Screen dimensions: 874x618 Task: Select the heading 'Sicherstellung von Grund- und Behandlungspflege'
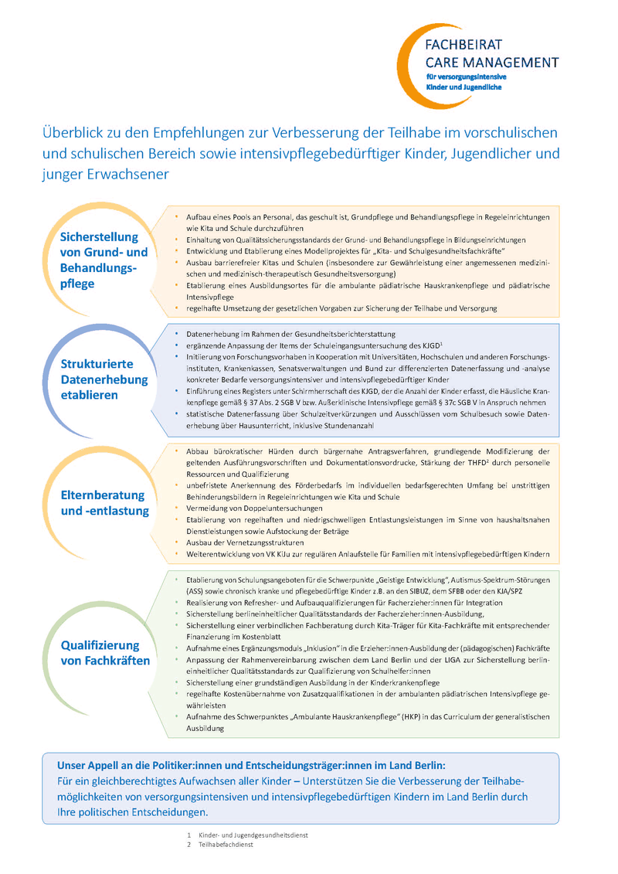point(104,260)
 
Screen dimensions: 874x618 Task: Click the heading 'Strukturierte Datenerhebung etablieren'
point(104,379)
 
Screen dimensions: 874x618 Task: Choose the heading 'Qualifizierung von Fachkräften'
point(105,653)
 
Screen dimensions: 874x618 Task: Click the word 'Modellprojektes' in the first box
point(327,253)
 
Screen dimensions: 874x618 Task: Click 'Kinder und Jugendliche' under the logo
point(463,87)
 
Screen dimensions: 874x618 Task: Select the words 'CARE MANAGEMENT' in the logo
point(492,62)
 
